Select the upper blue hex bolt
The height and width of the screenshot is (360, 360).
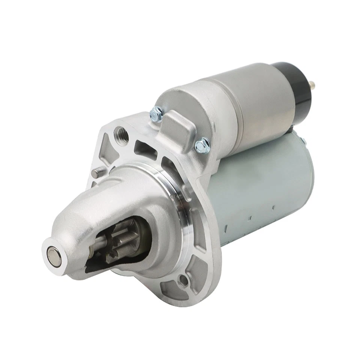coord(157,114)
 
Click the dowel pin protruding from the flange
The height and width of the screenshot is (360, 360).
coord(98,173)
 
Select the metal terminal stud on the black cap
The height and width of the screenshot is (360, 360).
coord(313,86)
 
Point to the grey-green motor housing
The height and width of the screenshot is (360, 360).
coord(262,180)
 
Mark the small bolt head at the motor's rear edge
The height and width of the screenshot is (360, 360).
coord(303,142)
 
